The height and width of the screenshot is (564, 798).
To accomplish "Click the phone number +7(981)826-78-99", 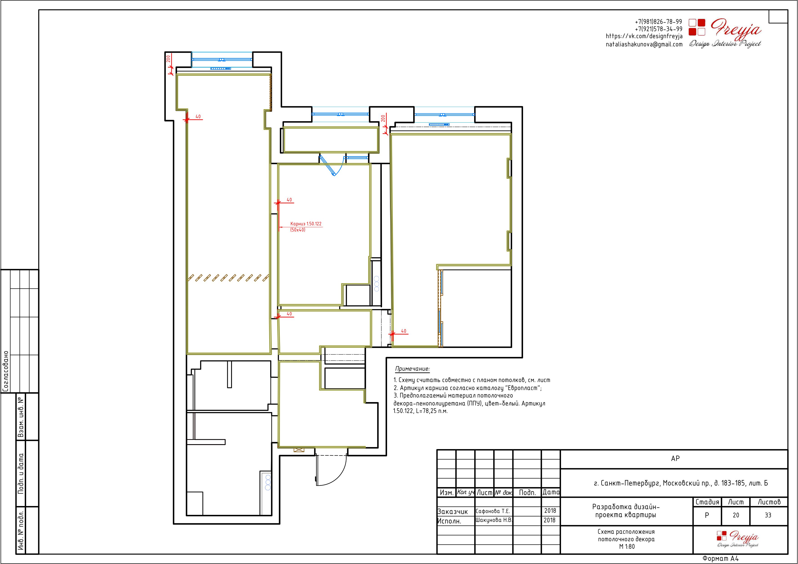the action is (658, 22).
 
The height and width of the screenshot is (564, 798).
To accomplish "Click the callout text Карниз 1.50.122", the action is (306, 224).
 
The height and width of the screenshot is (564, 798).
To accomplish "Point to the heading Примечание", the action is (412, 369).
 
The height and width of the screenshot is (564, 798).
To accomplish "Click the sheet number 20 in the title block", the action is (736, 515).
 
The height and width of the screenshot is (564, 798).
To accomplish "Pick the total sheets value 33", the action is (768, 515).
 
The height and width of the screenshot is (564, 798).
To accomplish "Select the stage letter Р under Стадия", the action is (707, 515).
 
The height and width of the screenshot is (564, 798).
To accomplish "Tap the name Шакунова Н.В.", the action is (493, 520).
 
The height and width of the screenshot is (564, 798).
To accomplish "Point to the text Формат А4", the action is (720, 559).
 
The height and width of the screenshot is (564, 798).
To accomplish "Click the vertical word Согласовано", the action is (5, 371).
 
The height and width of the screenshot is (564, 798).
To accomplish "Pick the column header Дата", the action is (551, 492).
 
